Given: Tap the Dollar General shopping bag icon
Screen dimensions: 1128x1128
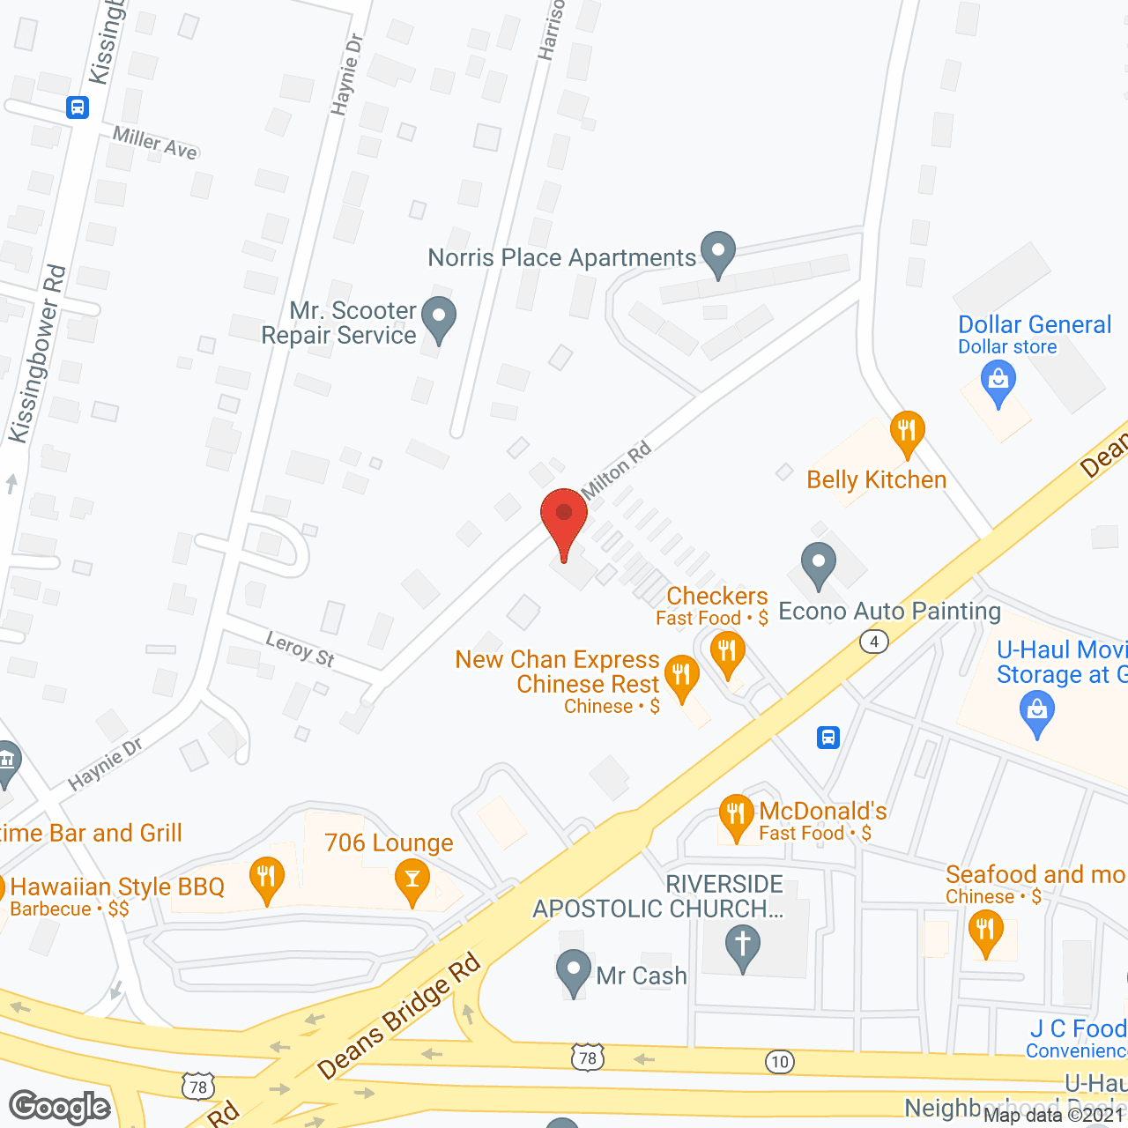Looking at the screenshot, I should pyautogui.click(x=998, y=383).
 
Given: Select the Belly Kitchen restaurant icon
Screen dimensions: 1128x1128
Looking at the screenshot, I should pyautogui.click(x=907, y=432).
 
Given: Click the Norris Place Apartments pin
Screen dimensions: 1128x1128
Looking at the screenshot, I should pyautogui.click(x=718, y=252).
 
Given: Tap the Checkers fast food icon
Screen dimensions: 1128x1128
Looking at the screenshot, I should pyautogui.click(x=728, y=654).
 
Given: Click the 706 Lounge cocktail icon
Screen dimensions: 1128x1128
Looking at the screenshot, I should pyautogui.click(x=412, y=880).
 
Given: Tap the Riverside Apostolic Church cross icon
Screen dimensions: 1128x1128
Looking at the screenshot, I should pyautogui.click(x=743, y=946).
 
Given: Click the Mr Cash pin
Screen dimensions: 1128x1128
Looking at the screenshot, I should pyautogui.click(x=574, y=970).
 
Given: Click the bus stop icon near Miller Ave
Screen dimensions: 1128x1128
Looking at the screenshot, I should pyautogui.click(x=78, y=108).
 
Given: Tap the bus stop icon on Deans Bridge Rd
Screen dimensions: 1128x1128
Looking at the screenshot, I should pyautogui.click(x=828, y=737).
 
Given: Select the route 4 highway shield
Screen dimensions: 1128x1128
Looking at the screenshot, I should pyautogui.click(x=873, y=642).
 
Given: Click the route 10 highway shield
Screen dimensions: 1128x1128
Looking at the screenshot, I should pyautogui.click(x=780, y=1062).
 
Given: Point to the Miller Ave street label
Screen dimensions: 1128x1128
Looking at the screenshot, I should pyautogui.click(x=155, y=144).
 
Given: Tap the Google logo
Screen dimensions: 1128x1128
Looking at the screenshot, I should pyautogui.click(x=60, y=1107).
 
